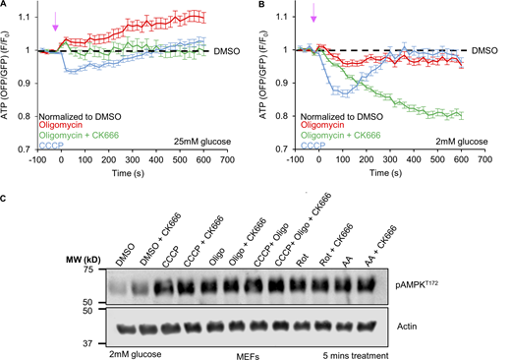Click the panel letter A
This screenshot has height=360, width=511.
pos(5,5)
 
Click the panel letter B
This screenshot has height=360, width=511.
pos(262,5)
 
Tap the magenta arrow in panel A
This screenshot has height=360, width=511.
pos(55,22)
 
